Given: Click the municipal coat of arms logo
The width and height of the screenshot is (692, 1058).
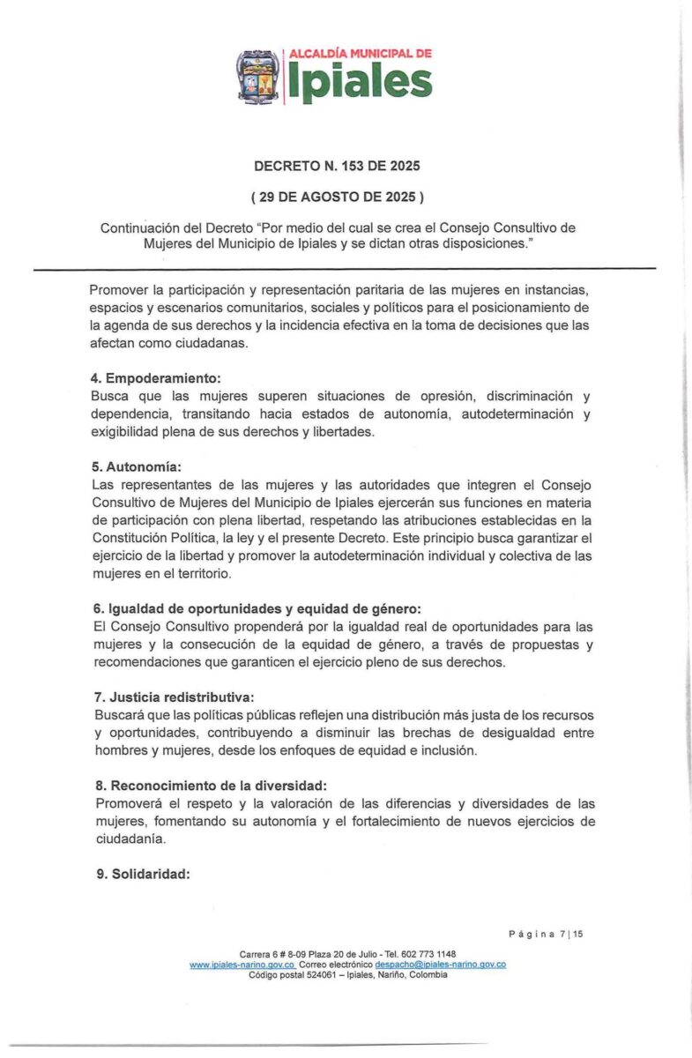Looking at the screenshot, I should point(259,76).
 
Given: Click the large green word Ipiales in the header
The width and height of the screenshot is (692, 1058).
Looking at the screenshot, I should point(360,84).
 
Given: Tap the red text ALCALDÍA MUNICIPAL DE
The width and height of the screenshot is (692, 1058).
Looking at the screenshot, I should point(361,54).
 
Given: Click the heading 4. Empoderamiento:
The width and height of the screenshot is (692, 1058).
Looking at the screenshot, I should point(145,380).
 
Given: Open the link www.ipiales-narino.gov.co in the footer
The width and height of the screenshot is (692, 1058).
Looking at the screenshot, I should point(242,965).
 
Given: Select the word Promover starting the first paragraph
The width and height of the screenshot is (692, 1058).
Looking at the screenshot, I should point(119,290).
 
